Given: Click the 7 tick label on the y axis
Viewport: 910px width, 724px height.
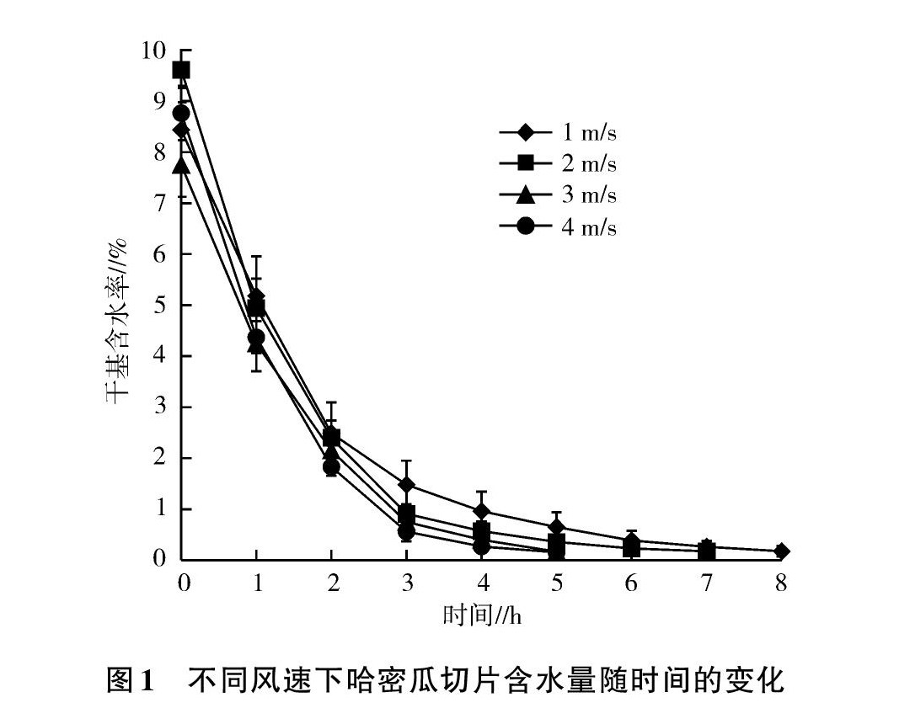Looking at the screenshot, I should (162, 203).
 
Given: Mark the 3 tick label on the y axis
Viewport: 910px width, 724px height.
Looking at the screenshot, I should (162, 407).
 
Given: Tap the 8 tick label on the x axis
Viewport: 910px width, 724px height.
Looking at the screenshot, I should (781, 583).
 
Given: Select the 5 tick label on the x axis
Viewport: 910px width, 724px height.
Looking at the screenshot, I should (556, 583).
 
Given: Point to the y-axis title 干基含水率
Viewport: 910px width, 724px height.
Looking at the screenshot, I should (115, 320).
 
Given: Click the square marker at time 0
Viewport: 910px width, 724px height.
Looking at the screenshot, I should (181, 70).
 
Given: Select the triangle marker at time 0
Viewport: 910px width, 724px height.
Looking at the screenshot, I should (181, 165).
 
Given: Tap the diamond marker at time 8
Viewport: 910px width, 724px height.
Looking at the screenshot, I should (781, 551).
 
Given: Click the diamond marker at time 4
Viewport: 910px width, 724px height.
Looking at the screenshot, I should (481, 511).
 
